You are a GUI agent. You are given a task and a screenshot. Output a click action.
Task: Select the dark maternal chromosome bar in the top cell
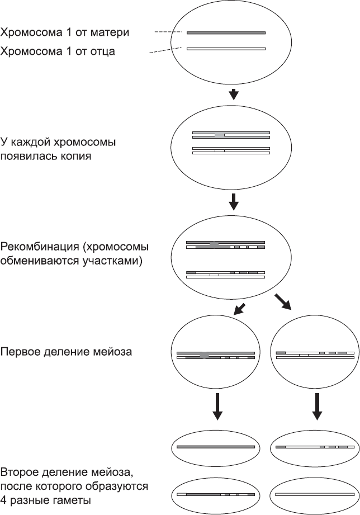[x=226, y=33]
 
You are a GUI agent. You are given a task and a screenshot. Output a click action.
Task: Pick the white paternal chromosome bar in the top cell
[x=226, y=49]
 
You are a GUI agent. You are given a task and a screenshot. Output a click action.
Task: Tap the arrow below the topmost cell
[x=235, y=94]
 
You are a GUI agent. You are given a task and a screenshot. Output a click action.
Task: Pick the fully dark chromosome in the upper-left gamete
[x=216, y=447]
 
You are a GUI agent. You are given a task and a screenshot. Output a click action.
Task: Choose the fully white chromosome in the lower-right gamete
[x=315, y=494]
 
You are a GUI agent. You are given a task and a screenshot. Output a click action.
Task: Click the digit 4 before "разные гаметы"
[x=4, y=499]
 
